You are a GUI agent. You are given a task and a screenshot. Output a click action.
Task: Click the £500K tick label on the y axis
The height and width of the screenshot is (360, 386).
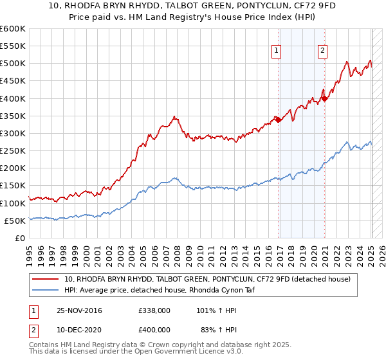(x=13, y=64)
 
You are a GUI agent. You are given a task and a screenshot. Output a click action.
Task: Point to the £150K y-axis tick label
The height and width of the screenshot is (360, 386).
(x=13, y=186)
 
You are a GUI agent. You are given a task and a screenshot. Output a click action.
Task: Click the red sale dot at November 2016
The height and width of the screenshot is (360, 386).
(x=278, y=120)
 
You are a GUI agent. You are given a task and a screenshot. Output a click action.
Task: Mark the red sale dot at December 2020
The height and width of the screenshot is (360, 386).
(x=324, y=98)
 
